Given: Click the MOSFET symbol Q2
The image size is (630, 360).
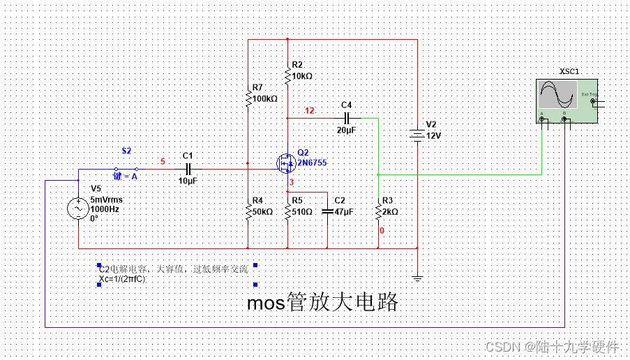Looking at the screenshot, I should point(286,163).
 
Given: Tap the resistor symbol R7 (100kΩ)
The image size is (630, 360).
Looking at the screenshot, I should point(248,98).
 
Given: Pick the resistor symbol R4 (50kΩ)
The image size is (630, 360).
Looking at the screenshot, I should point(248,210).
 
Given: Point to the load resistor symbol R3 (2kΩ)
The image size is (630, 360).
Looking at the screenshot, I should point(378,210).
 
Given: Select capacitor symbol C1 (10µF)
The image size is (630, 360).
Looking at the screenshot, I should point(187,169).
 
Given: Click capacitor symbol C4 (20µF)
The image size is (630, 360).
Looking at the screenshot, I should point(347,118).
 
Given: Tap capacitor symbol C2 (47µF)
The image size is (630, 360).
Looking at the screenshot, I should point(328,210).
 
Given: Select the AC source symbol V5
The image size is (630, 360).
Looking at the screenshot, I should point(77,208).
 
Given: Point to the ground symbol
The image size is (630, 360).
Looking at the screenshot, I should point(417,278).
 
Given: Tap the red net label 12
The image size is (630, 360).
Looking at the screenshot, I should point(310,110).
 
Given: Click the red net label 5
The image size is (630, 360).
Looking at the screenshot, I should point(163,162).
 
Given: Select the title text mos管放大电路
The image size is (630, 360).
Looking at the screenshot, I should point(323,302).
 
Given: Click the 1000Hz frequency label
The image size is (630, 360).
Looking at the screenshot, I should point(105,208).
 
